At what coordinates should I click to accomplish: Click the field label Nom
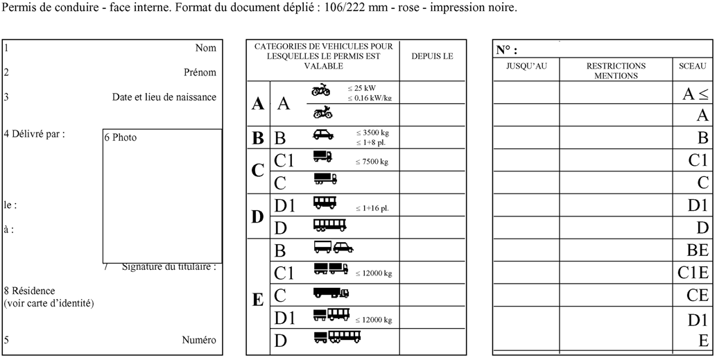(x=205, y=48)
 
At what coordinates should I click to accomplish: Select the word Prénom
(x=200, y=72)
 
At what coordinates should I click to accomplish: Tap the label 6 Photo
(x=120, y=137)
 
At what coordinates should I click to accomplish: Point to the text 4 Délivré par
(x=34, y=135)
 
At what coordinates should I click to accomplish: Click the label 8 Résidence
(x=29, y=291)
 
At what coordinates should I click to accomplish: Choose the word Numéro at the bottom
(x=199, y=340)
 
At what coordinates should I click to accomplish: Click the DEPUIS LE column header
(x=432, y=56)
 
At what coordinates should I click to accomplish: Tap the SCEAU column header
(x=693, y=66)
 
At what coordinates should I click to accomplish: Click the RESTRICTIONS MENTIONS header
(x=616, y=71)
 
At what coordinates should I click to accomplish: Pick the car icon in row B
(x=322, y=135)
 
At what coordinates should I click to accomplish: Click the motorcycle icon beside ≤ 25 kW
(x=321, y=89)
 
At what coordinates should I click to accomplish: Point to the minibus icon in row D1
(x=325, y=203)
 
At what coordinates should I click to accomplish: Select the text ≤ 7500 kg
(x=372, y=162)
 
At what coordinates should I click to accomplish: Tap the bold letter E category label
(x=257, y=300)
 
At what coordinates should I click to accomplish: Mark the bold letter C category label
(x=257, y=170)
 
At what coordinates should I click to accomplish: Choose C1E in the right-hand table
(x=693, y=273)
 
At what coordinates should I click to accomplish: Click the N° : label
(x=506, y=50)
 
